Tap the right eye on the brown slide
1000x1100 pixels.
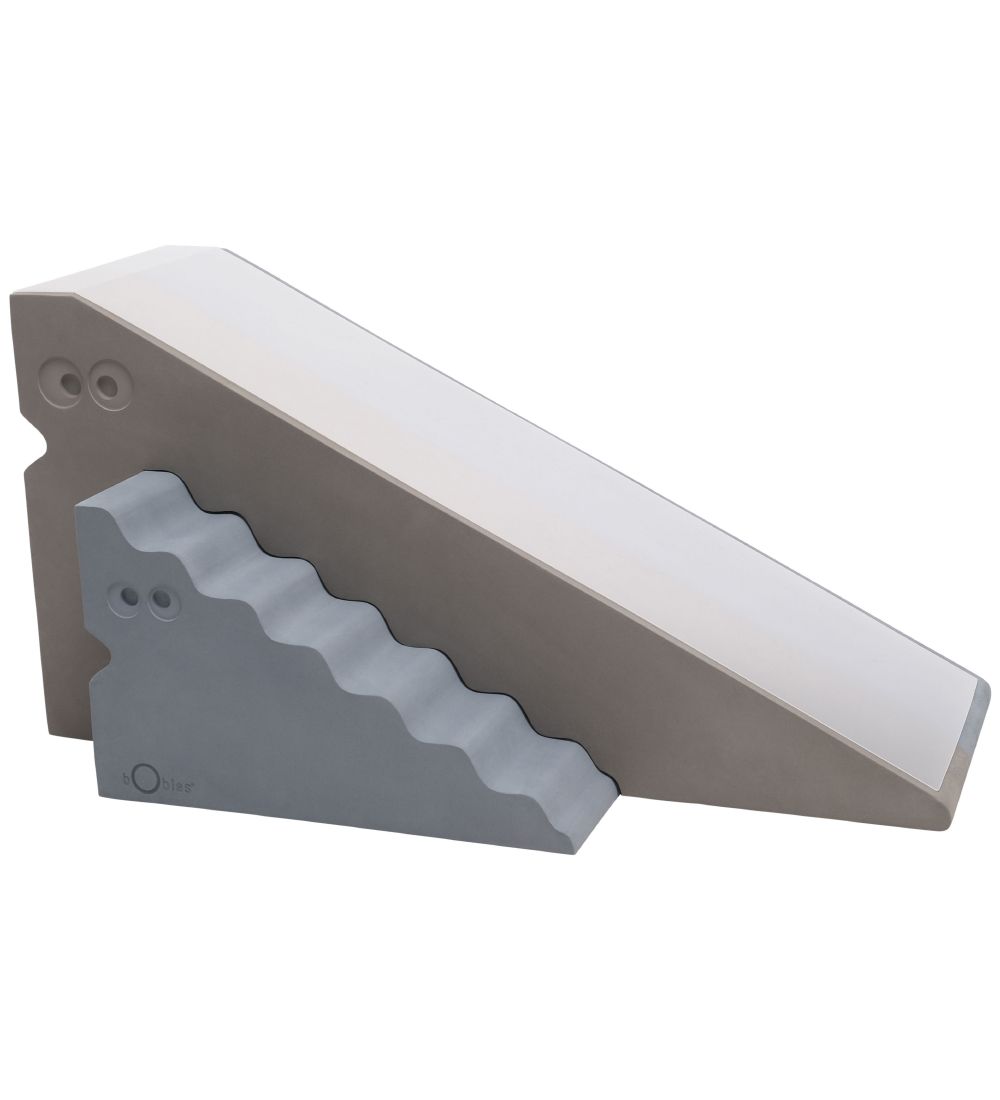coord(106,384)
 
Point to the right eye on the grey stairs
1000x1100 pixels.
coord(161,599)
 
